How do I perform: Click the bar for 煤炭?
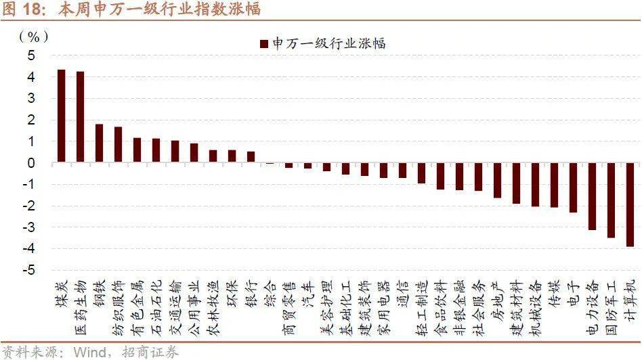tap(61, 116)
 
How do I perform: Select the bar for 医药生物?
tap(80, 117)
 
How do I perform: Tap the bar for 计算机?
tap(630, 204)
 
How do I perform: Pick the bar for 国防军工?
tap(611, 200)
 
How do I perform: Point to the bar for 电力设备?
tap(592, 196)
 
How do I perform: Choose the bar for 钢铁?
tap(99, 143)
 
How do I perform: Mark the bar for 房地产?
tap(497, 180)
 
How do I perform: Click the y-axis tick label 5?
tap(30, 55)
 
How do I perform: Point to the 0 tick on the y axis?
tap(30, 163)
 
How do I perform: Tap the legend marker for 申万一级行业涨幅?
tap(263, 44)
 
